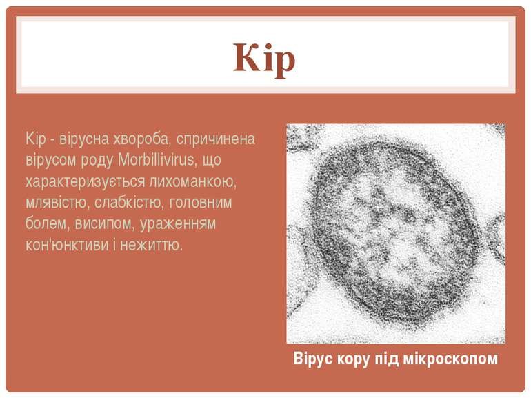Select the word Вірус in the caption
coord(312,359)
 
